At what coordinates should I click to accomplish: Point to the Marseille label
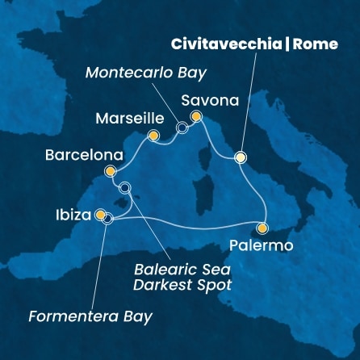pyautogui.click(x=125, y=119)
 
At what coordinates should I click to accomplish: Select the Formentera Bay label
pyautogui.click(x=90, y=316)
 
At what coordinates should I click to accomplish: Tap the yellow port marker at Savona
pyautogui.click(x=195, y=117)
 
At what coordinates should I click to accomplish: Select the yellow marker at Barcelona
pyautogui.click(x=111, y=171)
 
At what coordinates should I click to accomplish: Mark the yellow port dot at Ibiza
pyautogui.click(x=99, y=215)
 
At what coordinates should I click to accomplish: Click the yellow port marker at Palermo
pyautogui.click(x=262, y=228)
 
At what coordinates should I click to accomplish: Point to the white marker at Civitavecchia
pyautogui.click(x=240, y=157)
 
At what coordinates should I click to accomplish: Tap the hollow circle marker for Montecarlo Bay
pyautogui.click(x=182, y=128)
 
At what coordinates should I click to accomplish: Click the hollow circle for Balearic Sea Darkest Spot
pyautogui.click(x=124, y=188)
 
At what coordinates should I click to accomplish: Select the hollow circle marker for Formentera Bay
pyautogui.click(x=107, y=217)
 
